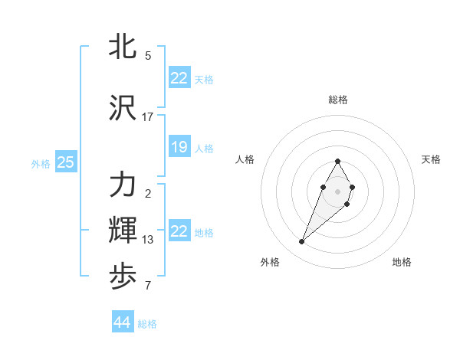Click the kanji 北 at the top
tap(123, 46)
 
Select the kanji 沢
tap(123, 109)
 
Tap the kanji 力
tap(123, 185)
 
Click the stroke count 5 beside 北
tap(148, 56)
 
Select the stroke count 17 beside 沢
tap(148, 117)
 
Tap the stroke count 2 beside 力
tap(148, 194)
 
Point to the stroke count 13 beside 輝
tap(148, 240)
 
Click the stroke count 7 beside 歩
tap(148, 286)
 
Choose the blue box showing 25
tap(66, 162)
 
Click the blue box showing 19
tap(179, 147)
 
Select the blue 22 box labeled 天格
tap(179, 78)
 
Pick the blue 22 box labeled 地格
tap(179, 231)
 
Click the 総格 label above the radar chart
tap(338, 100)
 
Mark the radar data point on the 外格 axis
tap(301, 242)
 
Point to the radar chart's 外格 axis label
tap(270, 262)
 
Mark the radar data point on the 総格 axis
tap(338, 162)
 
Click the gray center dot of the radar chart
tap(338, 191)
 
